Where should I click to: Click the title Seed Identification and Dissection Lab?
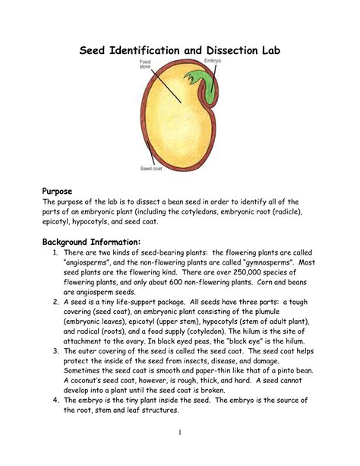pos(181,50)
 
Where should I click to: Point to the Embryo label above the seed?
pos(213,61)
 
